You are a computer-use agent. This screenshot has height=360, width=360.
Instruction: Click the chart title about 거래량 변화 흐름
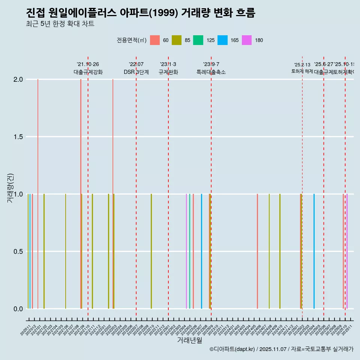pos(141,13)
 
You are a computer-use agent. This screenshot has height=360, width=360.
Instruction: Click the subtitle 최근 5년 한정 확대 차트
pos(60,24)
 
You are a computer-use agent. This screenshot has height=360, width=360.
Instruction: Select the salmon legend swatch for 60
pos(155,40)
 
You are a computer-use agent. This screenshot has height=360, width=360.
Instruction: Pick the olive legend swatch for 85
pos(177,40)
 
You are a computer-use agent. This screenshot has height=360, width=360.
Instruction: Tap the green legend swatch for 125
pos(198,40)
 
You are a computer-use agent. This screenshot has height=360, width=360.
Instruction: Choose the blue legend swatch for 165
pos(223,40)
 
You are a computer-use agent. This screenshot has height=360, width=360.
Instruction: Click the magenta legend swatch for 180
pos(247,40)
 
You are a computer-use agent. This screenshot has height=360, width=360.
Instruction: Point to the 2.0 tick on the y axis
pos(18,79)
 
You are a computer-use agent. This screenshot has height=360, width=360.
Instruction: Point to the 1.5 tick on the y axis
pos(18,137)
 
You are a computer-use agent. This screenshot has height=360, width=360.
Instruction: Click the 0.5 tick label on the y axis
pos(18,252)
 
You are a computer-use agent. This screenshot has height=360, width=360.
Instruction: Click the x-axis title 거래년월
pos(189,340)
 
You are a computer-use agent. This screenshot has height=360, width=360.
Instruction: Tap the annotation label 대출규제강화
pos(88,72)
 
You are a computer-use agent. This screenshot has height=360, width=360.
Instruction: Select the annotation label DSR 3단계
pos(136,72)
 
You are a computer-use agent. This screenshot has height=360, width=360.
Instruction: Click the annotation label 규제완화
pos(168,72)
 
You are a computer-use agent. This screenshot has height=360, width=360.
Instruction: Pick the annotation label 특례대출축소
pos(211,72)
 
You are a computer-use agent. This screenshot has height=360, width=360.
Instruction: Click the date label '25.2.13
pos(302,65)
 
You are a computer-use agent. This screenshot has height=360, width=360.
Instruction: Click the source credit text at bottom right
pos(281,349)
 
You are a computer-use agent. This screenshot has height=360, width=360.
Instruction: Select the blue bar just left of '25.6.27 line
pos(314,251)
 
